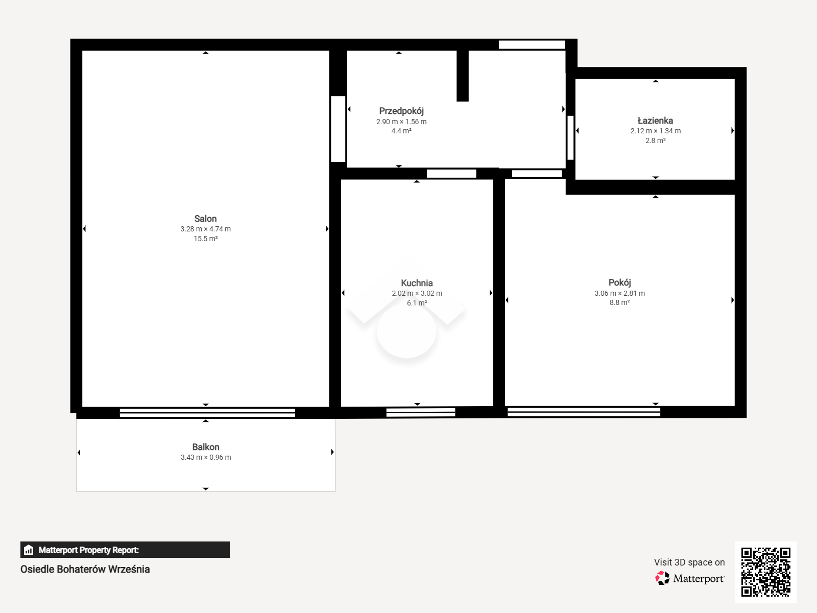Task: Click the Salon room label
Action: point(205,219)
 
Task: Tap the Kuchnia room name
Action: point(417,283)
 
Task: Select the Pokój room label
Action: point(619,282)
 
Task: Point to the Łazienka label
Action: point(655,120)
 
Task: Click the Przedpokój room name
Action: point(401,111)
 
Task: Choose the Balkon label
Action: point(205,446)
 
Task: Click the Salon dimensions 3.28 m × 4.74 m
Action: point(205,229)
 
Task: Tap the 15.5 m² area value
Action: point(205,239)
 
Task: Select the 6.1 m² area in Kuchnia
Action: point(417,303)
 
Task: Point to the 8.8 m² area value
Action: point(619,302)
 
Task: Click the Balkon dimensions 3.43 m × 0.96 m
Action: point(206,457)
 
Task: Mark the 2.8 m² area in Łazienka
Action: point(655,140)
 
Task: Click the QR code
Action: point(765,572)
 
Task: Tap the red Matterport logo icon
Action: point(662,578)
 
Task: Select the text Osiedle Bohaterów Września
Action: point(85,569)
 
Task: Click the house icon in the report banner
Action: point(29,550)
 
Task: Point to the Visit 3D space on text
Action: point(689,562)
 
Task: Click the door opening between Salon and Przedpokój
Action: point(338,129)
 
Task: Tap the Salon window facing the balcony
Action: point(207,412)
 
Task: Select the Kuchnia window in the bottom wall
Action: point(421,412)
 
